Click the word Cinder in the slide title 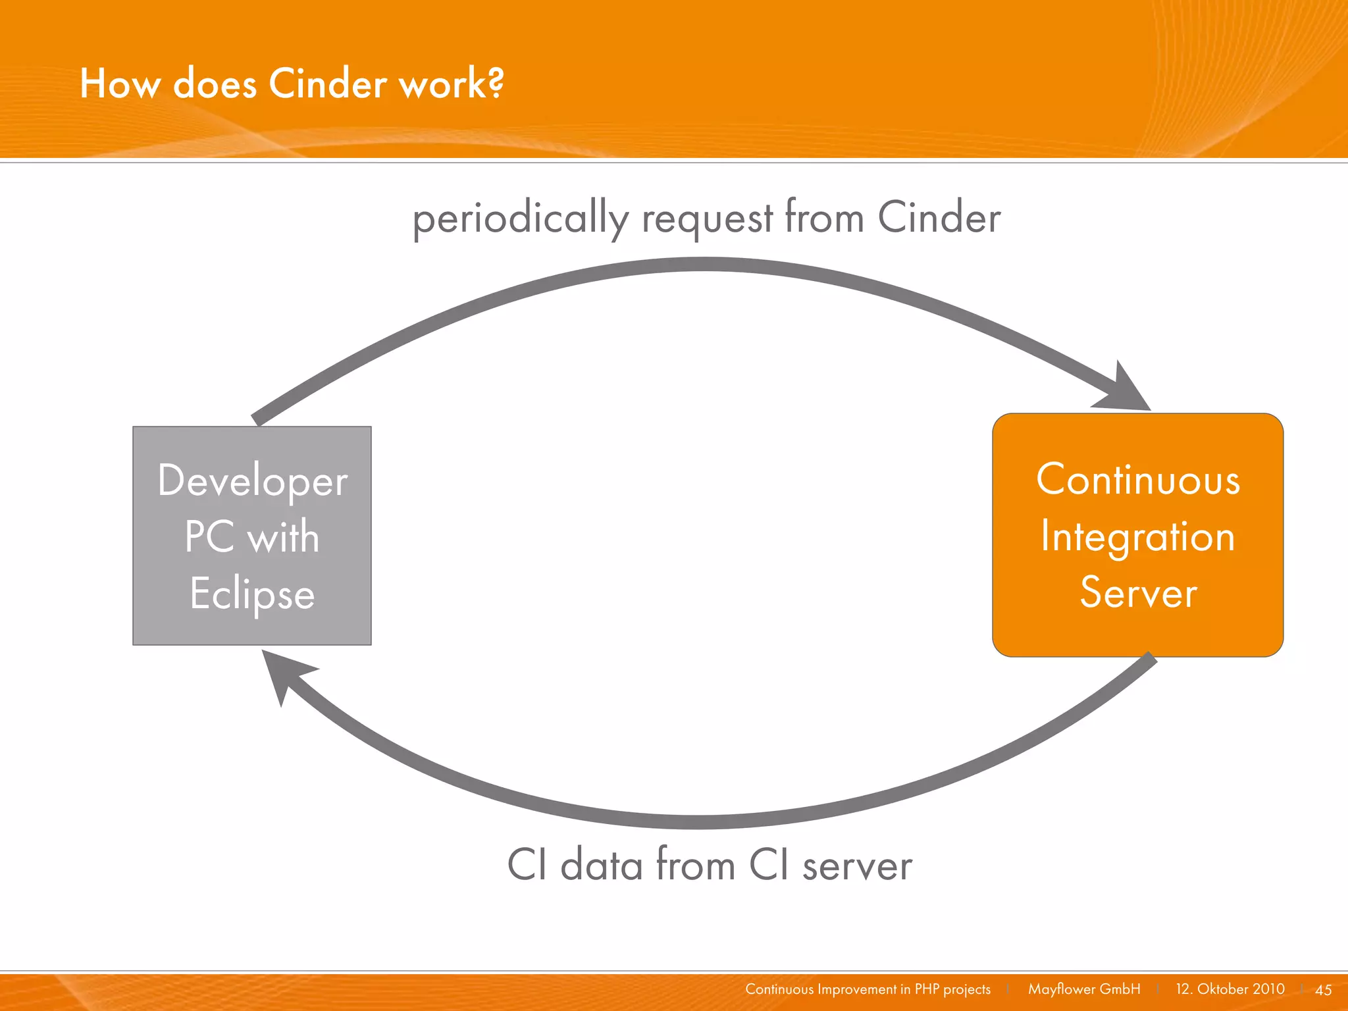328,84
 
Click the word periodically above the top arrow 520,219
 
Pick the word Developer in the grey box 253,481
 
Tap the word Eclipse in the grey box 252,594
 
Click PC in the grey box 209,537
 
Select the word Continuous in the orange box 1138,480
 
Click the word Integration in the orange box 1138,537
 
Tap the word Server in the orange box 1138,593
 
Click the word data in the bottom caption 601,865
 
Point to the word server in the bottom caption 857,866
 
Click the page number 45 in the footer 1323,990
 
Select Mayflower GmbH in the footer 1084,989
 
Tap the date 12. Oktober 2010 1230,989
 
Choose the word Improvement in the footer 857,989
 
